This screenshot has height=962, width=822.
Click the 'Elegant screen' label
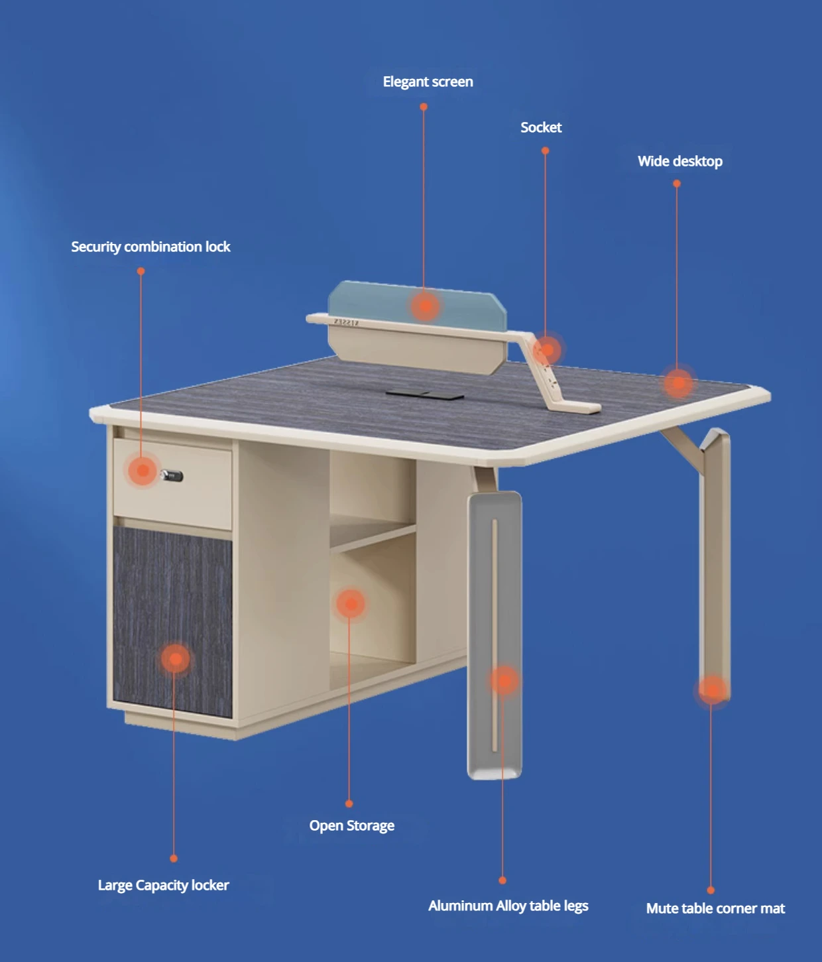click(x=428, y=82)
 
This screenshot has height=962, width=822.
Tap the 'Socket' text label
click(x=540, y=127)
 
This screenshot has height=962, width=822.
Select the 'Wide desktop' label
click(x=679, y=161)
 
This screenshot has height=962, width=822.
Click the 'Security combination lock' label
click(x=150, y=247)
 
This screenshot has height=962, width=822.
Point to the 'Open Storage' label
click(x=351, y=825)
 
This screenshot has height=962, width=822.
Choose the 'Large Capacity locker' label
click(x=163, y=885)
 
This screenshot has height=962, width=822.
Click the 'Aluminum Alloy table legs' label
click(x=508, y=906)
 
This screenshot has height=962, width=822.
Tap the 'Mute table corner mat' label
click(x=715, y=908)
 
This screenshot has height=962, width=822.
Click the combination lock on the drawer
click(x=172, y=475)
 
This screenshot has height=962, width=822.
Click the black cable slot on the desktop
click(x=425, y=394)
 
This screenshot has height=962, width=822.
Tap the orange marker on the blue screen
click(x=425, y=306)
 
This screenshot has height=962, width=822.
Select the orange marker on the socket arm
click(x=548, y=349)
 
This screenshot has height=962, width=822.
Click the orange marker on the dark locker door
click(x=175, y=658)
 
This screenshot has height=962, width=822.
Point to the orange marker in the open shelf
click(x=351, y=603)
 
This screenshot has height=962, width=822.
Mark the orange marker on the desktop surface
click(x=678, y=383)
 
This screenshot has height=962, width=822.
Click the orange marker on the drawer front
click(x=142, y=471)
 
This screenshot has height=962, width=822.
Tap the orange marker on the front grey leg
click(x=504, y=680)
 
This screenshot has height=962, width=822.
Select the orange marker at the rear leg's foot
click(x=712, y=690)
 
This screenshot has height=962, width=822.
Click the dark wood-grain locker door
click(x=172, y=597)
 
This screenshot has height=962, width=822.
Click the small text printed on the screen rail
click(x=346, y=322)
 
